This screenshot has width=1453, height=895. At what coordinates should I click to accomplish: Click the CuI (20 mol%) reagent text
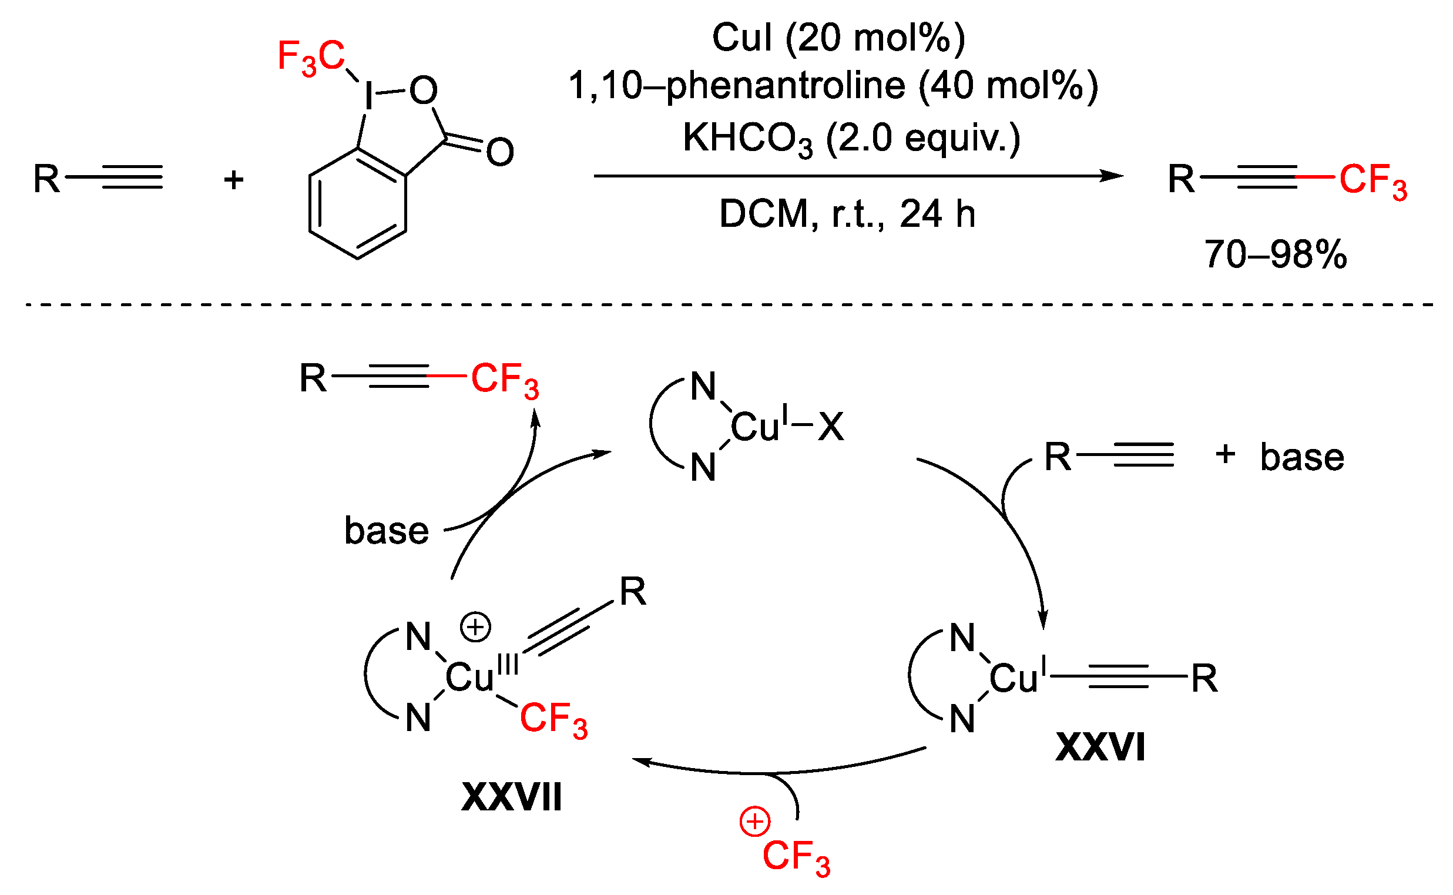838,38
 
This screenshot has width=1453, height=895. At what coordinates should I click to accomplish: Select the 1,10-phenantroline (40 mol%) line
833,86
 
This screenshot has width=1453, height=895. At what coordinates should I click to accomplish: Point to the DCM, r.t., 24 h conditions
847,214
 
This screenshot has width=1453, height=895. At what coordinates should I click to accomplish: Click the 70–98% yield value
1276,254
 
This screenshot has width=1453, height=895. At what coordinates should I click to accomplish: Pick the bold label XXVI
1100,747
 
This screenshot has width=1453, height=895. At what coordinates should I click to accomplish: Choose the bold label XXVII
511,797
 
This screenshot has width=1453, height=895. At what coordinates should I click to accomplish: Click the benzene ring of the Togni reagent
357,203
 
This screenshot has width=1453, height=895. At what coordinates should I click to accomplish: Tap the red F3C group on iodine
311,58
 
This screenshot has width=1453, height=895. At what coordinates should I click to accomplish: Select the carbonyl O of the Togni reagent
499,152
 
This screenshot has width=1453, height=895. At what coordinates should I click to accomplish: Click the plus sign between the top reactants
234,179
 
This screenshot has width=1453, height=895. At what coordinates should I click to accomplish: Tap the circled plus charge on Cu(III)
476,628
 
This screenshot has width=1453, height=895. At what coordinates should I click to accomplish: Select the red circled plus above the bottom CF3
754,822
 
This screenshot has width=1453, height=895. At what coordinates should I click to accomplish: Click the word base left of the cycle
387,531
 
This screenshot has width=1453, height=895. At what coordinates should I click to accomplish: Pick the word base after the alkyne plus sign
1302,457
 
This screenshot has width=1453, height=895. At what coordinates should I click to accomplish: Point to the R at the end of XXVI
1204,678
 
